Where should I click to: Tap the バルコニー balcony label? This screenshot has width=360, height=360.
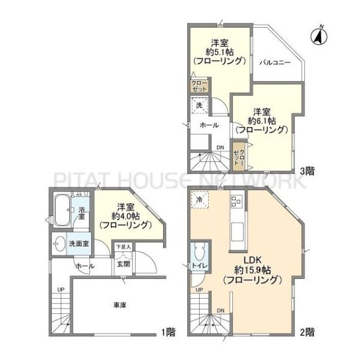point(275,62)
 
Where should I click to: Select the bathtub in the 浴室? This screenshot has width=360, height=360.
point(62,210)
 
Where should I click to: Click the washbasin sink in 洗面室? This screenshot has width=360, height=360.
point(59,244)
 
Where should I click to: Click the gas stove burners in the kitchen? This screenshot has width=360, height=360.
point(237,201)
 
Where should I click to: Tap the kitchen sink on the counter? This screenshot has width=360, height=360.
point(238,232)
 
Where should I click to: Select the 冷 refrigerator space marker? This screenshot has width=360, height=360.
point(200,200)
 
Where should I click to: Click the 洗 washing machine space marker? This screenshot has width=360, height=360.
point(199,106)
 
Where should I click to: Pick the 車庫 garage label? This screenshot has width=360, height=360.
point(120,305)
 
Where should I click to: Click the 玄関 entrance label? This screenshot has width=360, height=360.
point(124,264)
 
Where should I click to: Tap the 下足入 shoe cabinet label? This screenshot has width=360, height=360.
point(123,247)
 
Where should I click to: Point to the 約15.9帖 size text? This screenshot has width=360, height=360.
point(253,270)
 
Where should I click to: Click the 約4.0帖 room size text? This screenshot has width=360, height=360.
point(125,216)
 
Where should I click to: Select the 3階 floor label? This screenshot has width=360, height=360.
point(307,171)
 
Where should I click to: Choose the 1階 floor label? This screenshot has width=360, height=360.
point(169,332)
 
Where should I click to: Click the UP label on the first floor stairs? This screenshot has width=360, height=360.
point(61,290)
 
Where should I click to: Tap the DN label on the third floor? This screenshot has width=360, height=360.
point(220,148)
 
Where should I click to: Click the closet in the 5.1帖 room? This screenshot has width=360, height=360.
point(200,86)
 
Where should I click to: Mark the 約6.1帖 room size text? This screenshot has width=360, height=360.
point(262,121)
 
